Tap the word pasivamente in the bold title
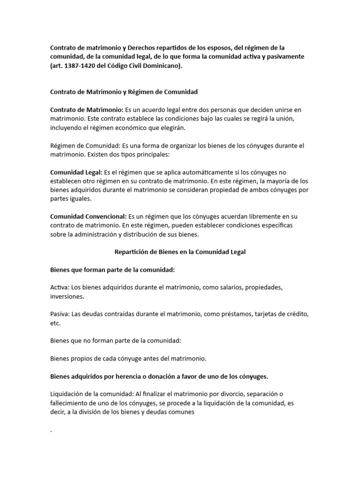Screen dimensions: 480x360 click(x=282, y=56)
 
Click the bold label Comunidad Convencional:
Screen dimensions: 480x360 click(x=89, y=217)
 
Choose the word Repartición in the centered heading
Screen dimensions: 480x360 click(x=132, y=252)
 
